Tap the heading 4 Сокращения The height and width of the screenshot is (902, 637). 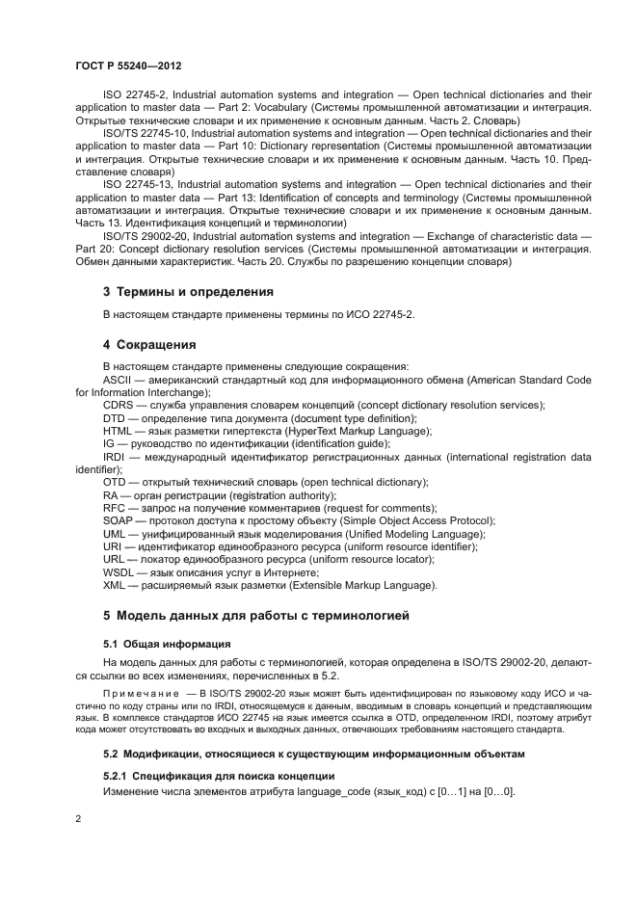click(149, 344)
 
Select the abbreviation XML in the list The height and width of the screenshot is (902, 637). click(115, 585)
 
